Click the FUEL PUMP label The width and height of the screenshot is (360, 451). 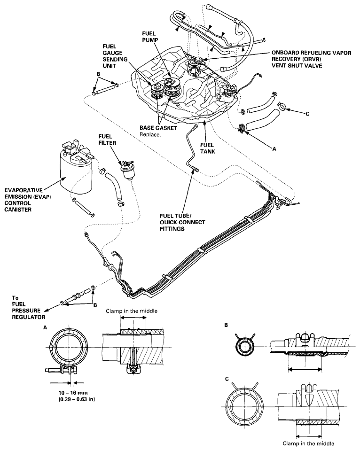click(150, 37)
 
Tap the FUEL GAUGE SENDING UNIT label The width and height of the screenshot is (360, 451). click(115, 56)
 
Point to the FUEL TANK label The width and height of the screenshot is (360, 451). click(208, 148)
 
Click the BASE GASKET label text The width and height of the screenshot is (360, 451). click(158, 128)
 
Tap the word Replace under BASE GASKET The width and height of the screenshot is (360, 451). click(150, 134)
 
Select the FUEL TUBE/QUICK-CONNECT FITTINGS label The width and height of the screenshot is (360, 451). click(182, 222)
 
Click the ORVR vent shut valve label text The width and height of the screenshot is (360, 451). click(311, 59)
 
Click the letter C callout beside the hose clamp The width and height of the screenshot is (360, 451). click(307, 114)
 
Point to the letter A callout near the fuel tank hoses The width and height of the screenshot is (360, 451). click(274, 149)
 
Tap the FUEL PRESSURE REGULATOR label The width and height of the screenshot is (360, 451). click(28, 307)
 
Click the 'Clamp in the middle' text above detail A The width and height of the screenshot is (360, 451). click(132, 311)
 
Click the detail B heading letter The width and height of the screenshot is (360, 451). click(226, 325)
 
